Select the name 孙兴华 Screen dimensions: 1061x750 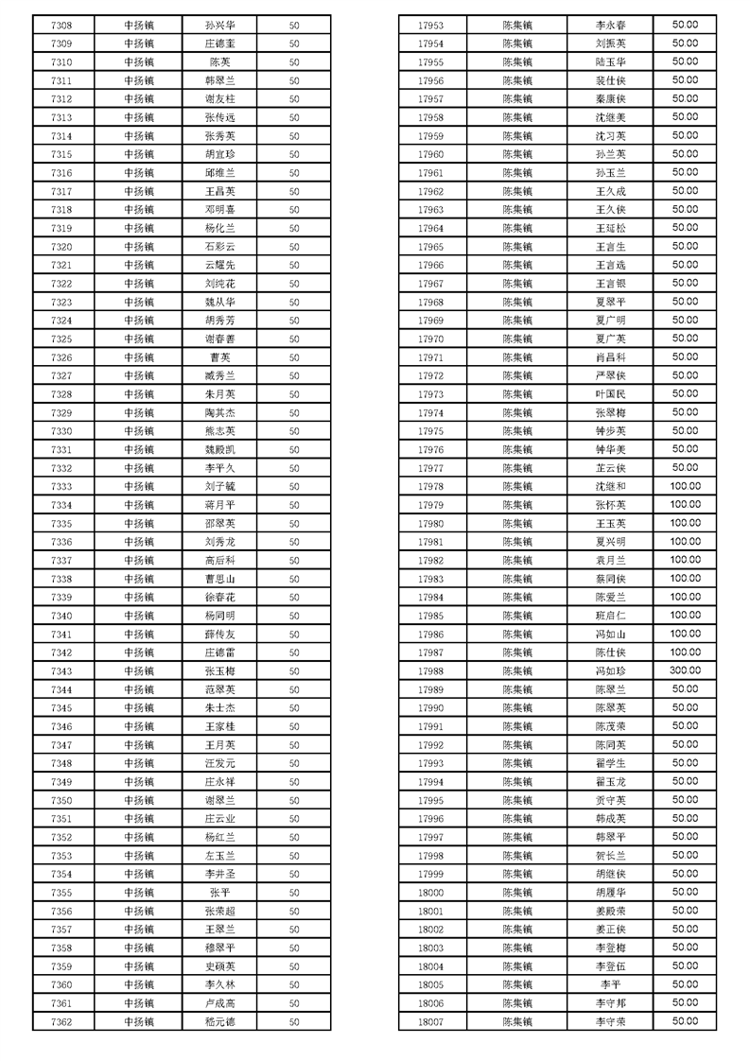(x=219, y=26)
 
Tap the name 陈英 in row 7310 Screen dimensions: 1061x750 (x=219, y=62)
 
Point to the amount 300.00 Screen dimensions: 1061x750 (x=685, y=670)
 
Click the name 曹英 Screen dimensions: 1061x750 (x=219, y=357)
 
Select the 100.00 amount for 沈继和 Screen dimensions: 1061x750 (x=685, y=486)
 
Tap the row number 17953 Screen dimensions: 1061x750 (x=430, y=26)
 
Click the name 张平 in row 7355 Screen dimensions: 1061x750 (x=219, y=892)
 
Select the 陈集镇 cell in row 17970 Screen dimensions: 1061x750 (x=517, y=339)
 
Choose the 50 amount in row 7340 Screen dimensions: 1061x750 (x=294, y=616)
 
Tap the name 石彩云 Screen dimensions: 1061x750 (x=219, y=247)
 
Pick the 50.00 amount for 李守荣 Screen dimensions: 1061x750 (x=685, y=1021)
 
